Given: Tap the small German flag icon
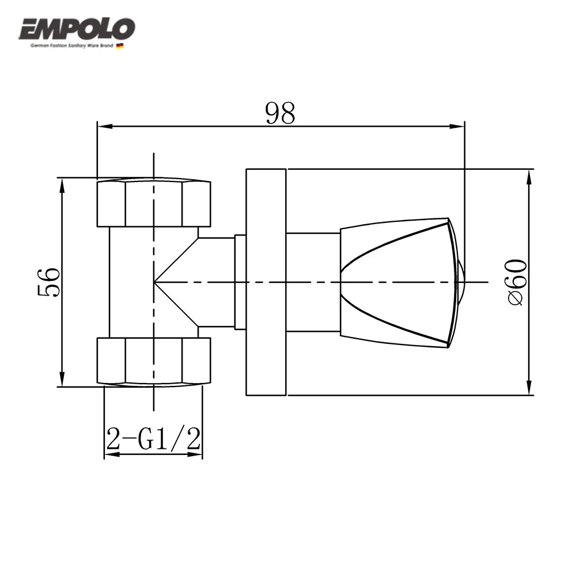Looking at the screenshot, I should pyautogui.click(x=120, y=46).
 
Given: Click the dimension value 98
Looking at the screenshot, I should pyautogui.click(x=280, y=113).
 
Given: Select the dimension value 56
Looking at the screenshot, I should pyautogui.click(x=50, y=282).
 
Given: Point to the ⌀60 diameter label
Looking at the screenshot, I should pyautogui.click(x=517, y=282).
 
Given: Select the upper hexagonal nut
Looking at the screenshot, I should pyautogui.click(x=154, y=203).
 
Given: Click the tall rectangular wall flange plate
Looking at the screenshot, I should pyautogui.click(x=266, y=282).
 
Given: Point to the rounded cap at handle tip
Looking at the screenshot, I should pyautogui.click(x=461, y=282).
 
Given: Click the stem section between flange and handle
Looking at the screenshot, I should pyautogui.click(x=313, y=282).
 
